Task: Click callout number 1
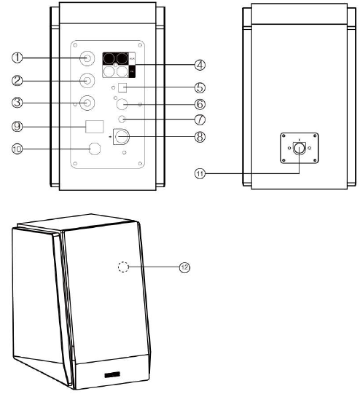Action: click(x=17, y=58)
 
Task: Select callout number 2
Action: click(x=17, y=81)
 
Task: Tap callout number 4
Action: click(x=200, y=65)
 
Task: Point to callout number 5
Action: click(x=200, y=87)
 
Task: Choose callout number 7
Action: click(x=200, y=119)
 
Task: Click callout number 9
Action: click(x=17, y=126)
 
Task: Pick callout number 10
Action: click(x=17, y=149)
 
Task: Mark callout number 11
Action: click(x=200, y=173)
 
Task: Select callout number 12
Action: click(x=185, y=267)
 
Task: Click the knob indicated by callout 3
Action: click(x=87, y=103)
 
